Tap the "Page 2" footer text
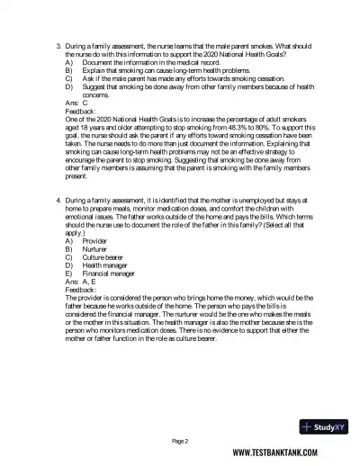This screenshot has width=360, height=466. point(180,440)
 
